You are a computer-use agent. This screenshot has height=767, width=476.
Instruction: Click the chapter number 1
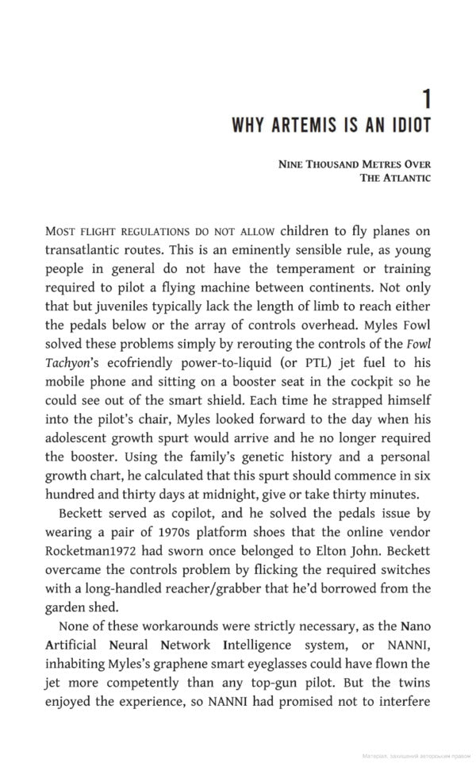pos(426,99)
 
